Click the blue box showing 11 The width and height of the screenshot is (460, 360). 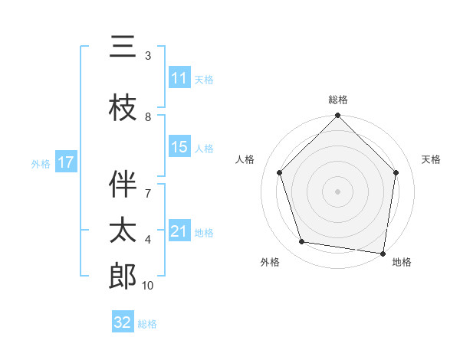click(x=179, y=78)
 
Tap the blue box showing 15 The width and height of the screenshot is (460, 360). click(x=179, y=147)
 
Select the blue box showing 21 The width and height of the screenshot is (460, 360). click(x=179, y=231)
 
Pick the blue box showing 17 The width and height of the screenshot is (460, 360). click(x=66, y=162)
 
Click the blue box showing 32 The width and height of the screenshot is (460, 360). click(x=123, y=322)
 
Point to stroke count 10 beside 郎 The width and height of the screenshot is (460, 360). click(x=148, y=286)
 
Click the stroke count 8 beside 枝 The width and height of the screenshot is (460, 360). click(x=148, y=117)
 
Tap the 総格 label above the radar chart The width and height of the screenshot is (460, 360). click(x=338, y=100)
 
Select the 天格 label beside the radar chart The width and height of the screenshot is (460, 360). click(x=432, y=159)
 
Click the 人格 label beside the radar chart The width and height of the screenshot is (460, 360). click(x=245, y=159)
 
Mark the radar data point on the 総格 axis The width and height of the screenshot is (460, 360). click(x=338, y=116)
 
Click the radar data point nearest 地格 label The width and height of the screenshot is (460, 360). click(x=383, y=252)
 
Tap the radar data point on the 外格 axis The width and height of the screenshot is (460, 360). click(x=302, y=242)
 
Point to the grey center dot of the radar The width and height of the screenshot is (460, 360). click(x=338, y=191)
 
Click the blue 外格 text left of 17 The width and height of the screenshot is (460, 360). click(x=40, y=163)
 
